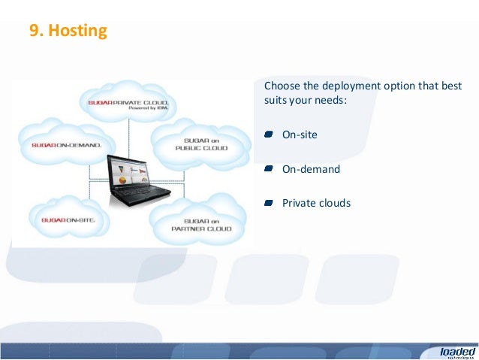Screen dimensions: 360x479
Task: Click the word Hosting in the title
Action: [x=80, y=31]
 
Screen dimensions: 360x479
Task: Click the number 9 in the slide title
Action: [x=34, y=31]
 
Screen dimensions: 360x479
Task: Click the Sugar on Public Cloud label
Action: [x=200, y=144]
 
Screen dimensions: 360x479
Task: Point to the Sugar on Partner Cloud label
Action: [x=200, y=224]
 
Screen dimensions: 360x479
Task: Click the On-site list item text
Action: [x=300, y=135]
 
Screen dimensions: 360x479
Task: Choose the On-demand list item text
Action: [x=311, y=169]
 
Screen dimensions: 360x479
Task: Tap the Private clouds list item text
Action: [x=316, y=203]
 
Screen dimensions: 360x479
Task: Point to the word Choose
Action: [x=282, y=85]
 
